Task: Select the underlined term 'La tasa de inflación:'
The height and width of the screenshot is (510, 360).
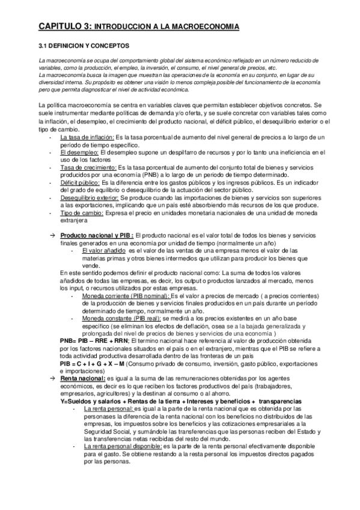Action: click(87, 138)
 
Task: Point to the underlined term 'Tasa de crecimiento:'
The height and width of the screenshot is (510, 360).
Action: click(88, 170)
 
